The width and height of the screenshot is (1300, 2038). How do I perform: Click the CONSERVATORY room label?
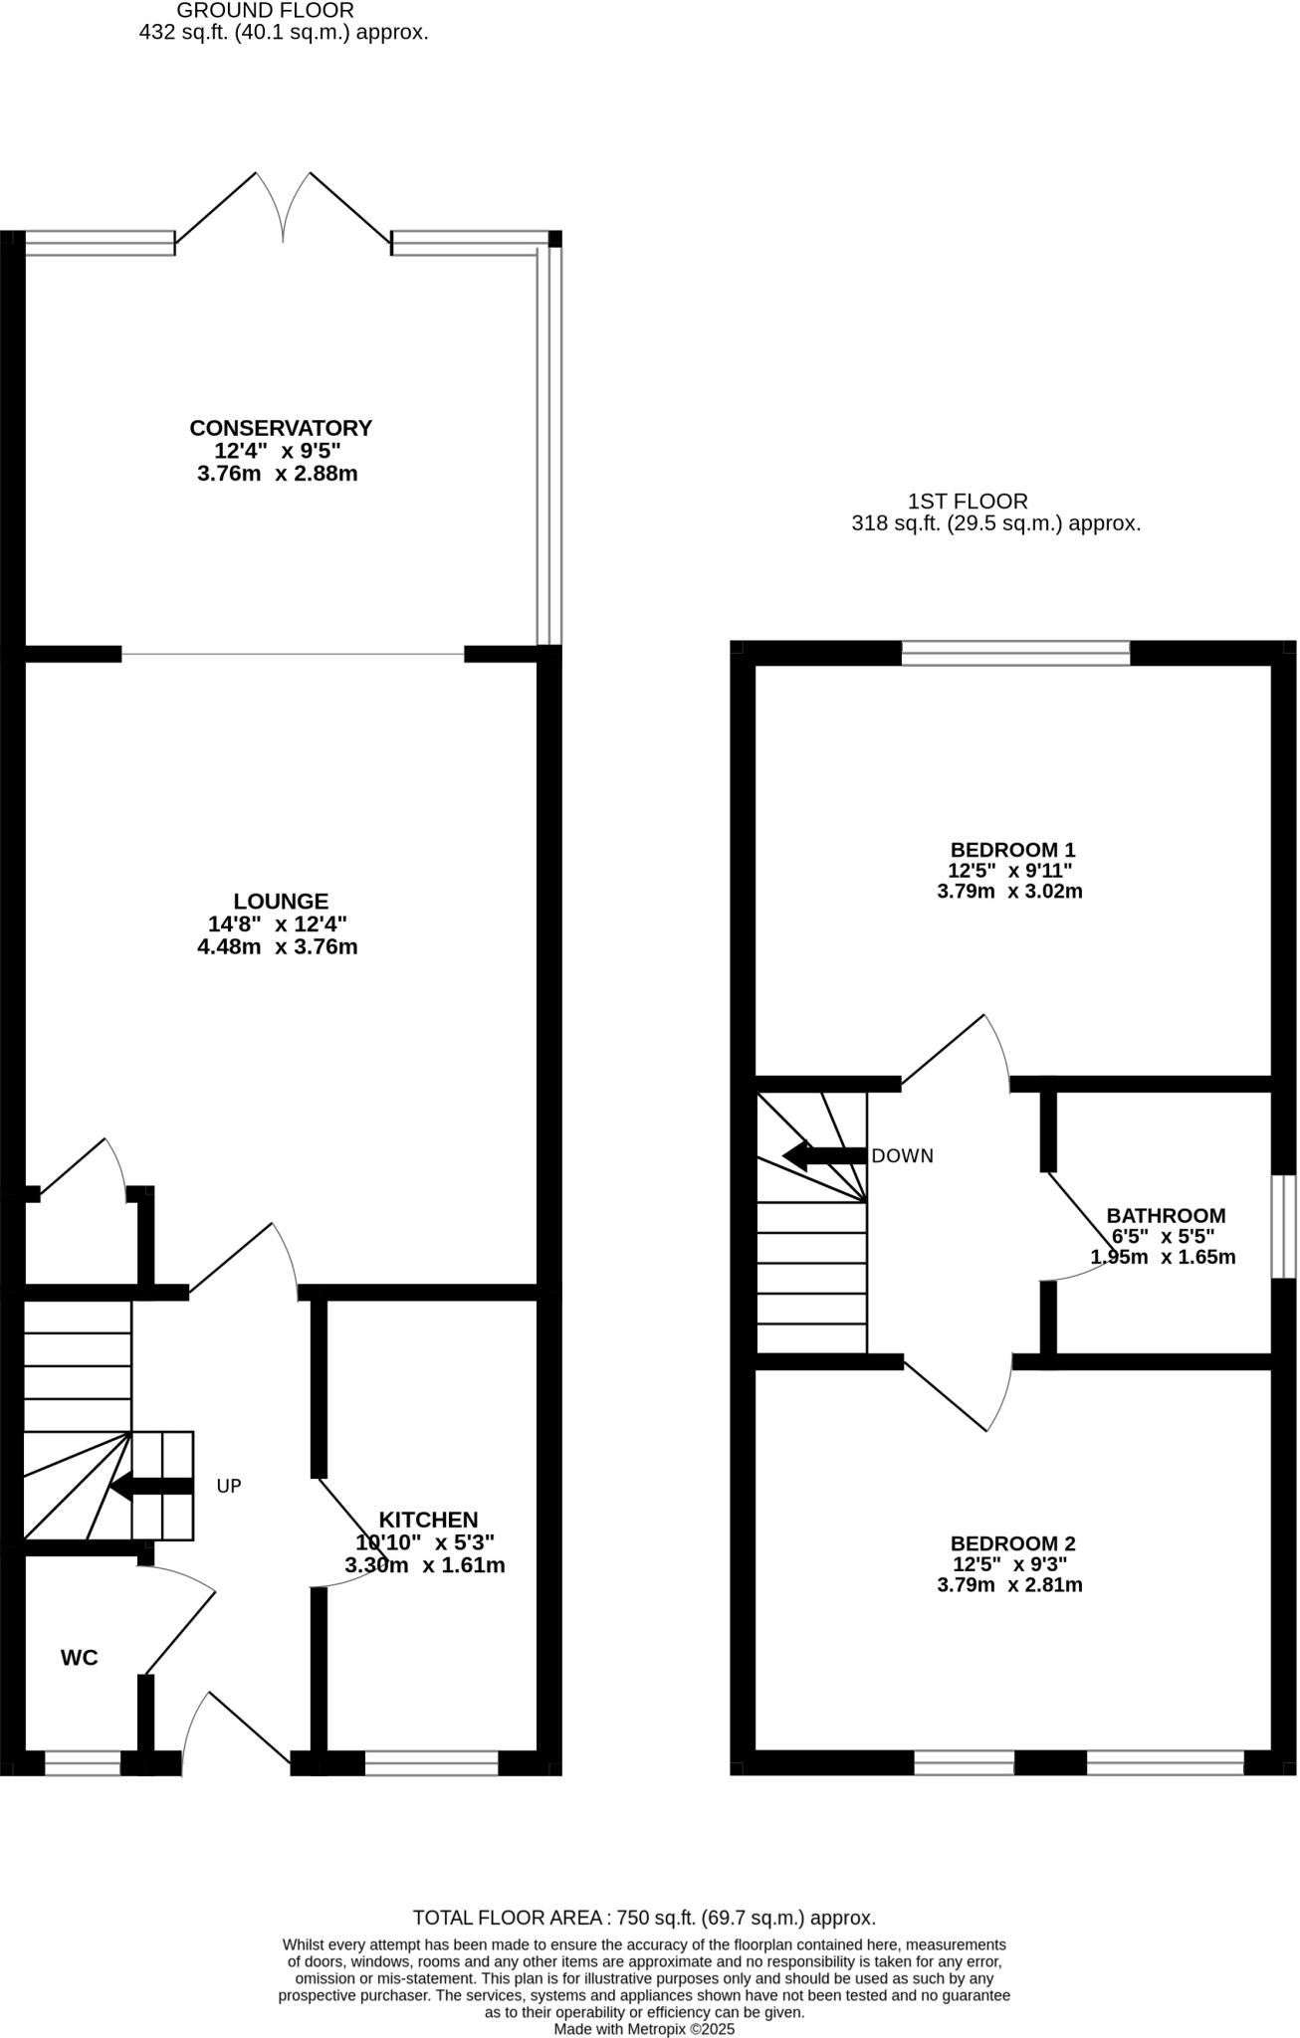[x=281, y=428]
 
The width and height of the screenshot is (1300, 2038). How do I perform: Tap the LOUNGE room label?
[x=281, y=901]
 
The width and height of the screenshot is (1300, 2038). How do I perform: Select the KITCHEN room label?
[x=428, y=1520]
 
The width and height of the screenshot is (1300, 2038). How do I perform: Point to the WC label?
[x=80, y=1658]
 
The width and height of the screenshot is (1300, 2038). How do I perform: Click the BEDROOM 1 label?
[x=1012, y=850]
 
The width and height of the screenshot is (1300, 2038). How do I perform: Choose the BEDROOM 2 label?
[x=1012, y=1543]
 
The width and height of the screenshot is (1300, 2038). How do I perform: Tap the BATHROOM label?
[x=1166, y=1215]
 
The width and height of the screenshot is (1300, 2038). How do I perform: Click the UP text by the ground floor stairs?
[x=229, y=1486]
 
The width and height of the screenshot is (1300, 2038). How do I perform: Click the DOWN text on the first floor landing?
[x=902, y=1156]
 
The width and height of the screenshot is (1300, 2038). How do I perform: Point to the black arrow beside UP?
[x=149, y=1487]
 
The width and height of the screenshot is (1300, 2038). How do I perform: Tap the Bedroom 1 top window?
[x=1015, y=653]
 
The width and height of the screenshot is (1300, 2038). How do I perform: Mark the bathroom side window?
[x=1284, y=1226]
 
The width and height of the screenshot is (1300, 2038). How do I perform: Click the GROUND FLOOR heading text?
[x=265, y=11]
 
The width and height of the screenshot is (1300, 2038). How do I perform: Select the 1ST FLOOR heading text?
[x=967, y=502]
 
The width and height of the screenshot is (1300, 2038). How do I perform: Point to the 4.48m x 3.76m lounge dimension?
[x=278, y=946]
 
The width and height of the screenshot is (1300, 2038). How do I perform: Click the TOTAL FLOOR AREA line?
[x=644, y=1918]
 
